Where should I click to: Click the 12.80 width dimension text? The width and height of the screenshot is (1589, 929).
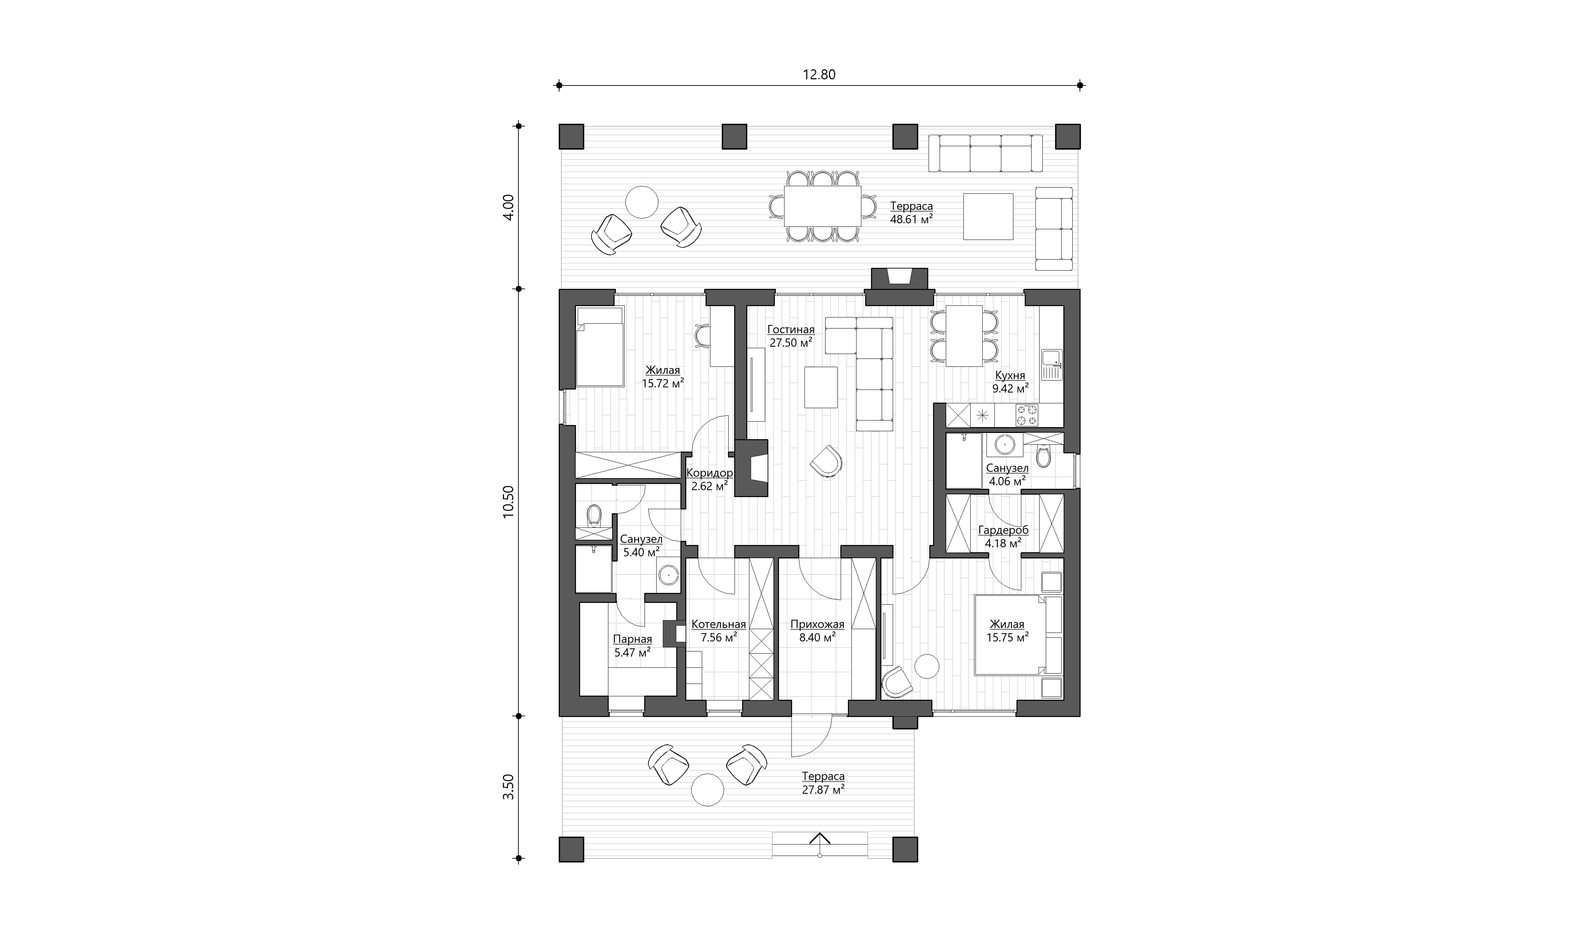point(819,74)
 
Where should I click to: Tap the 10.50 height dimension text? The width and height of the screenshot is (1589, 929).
point(508,502)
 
